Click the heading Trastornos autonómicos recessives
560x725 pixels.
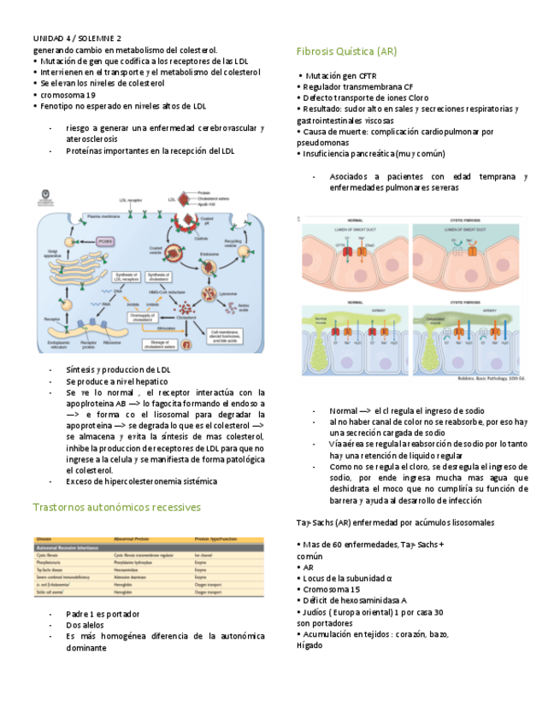116,507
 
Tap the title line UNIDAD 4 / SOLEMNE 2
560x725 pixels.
77,39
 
